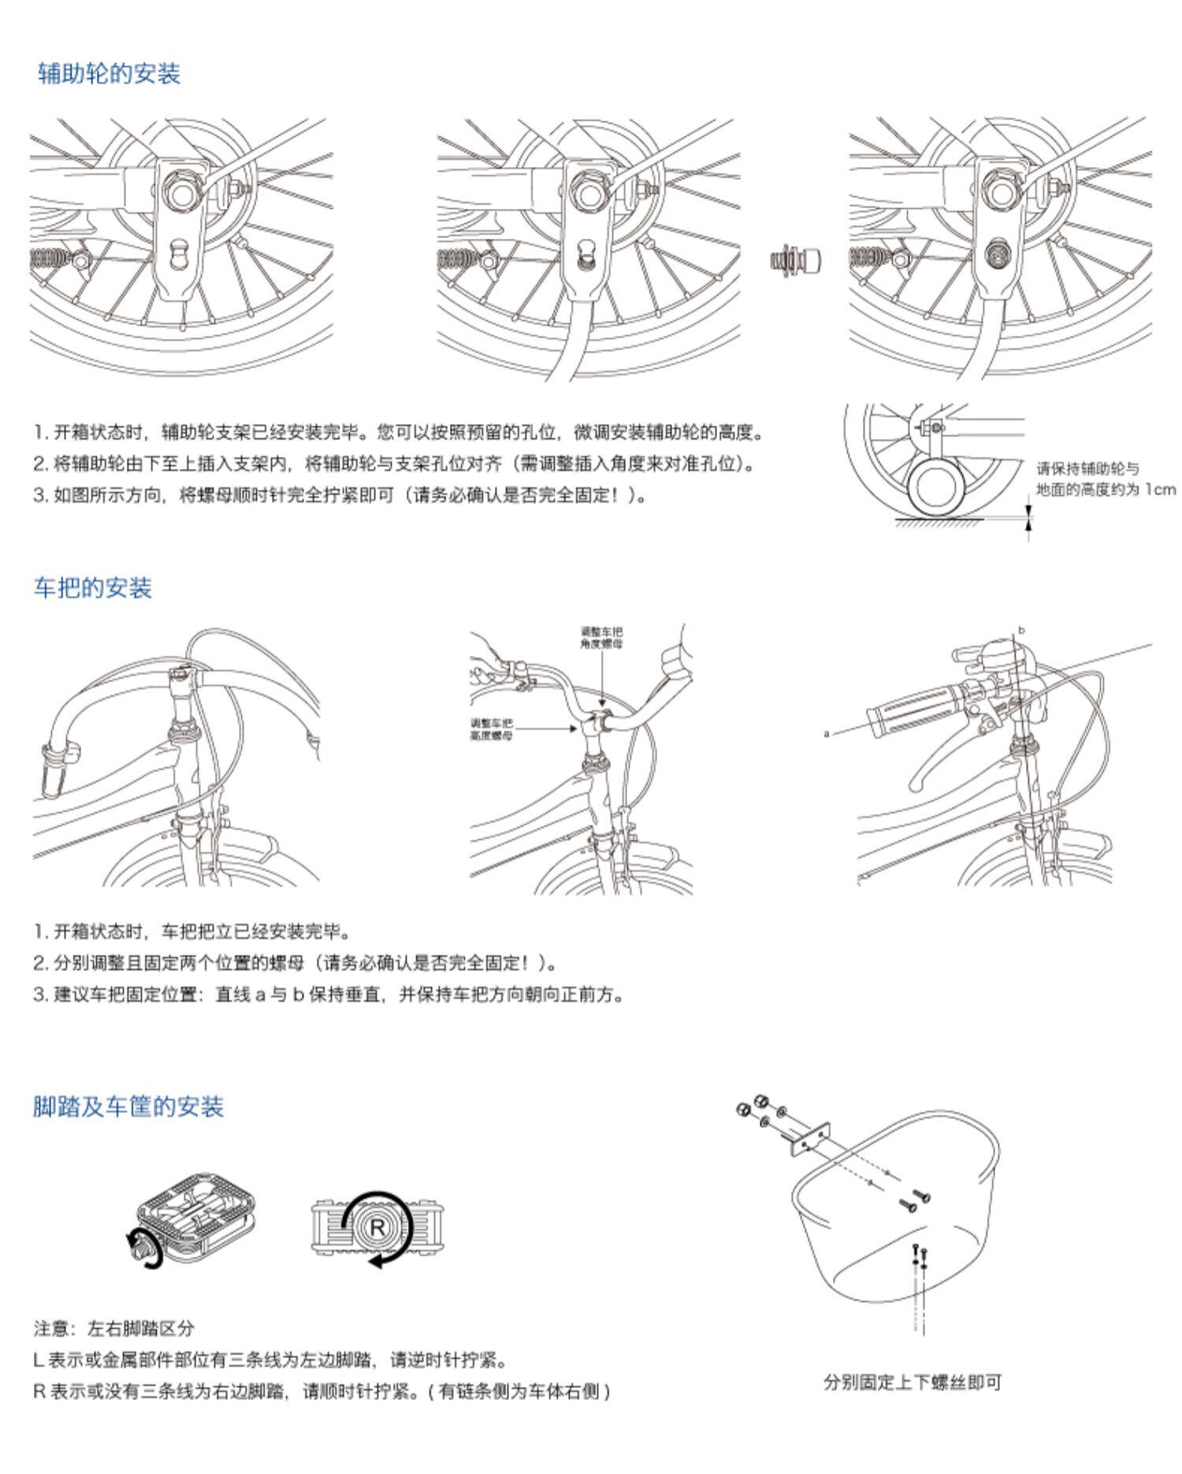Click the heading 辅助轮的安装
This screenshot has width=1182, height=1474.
(110, 74)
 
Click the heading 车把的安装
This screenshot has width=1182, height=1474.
(93, 587)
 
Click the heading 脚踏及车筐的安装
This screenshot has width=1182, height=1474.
(128, 1106)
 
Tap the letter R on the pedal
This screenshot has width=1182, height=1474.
(378, 1227)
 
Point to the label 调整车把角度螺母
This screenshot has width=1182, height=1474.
(601, 637)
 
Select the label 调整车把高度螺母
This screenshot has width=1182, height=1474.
(492, 728)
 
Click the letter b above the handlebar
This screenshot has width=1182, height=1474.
(1021, 630)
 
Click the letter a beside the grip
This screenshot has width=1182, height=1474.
(827, 733)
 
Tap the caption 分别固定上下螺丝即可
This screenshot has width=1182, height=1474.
(912, 1382)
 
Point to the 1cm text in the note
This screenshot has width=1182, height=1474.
(1160, 489)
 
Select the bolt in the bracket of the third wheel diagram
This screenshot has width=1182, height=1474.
(1001, 254)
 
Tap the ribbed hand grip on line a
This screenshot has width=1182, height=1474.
(911, 710)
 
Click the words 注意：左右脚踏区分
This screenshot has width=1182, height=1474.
(113, 1329)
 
